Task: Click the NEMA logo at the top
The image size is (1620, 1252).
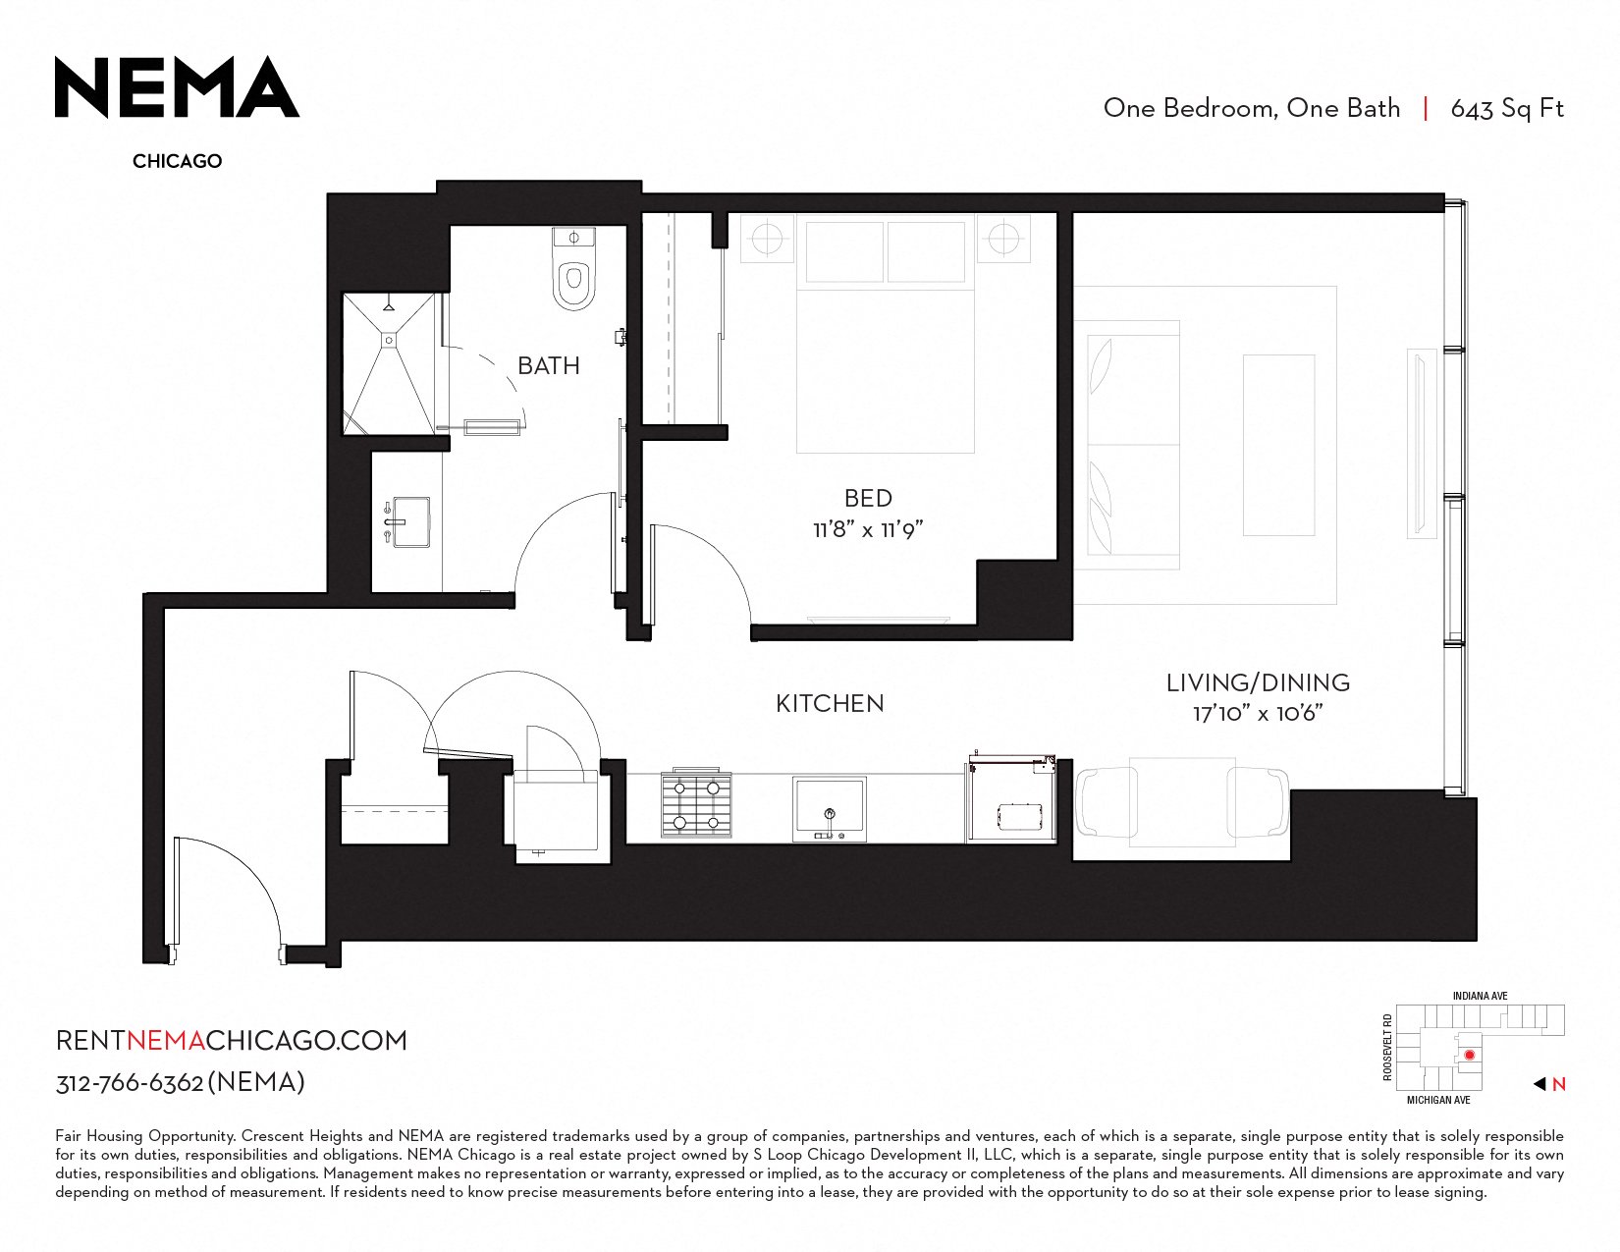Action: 178,87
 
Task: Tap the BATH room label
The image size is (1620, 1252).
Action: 549,366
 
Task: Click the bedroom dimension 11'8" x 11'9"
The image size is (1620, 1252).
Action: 868,529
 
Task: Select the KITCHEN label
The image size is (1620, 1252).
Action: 830,703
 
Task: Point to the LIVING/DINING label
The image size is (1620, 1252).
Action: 1258,682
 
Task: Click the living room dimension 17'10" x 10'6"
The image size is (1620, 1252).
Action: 1258,714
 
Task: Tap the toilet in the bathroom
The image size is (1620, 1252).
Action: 573,270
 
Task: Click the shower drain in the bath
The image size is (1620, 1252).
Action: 389,340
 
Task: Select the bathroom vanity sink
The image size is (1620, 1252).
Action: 410,522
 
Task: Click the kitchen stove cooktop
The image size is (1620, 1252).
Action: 696,804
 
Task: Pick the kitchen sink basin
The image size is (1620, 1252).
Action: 829,807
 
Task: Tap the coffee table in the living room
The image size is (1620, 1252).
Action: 1278,445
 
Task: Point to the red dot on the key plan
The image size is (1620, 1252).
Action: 1470,1056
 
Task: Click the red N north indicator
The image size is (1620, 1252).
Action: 1558,1085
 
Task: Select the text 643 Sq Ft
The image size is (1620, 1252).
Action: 1507,109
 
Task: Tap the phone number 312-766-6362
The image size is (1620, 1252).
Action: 130,1083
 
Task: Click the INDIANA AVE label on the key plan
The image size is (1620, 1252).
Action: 1480,997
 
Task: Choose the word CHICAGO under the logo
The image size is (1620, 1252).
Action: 178,161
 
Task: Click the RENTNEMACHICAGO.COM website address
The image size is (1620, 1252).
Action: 232,1041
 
